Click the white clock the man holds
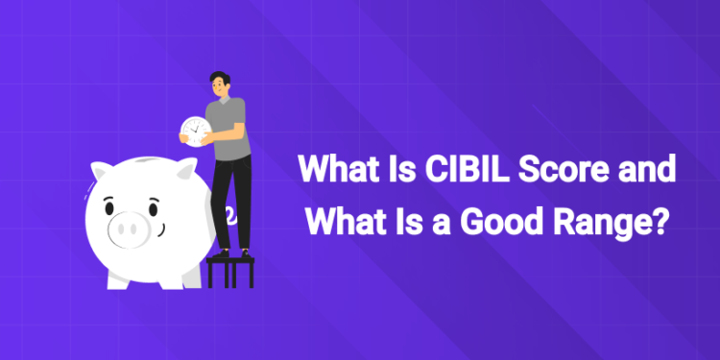click(x=195, y=130)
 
